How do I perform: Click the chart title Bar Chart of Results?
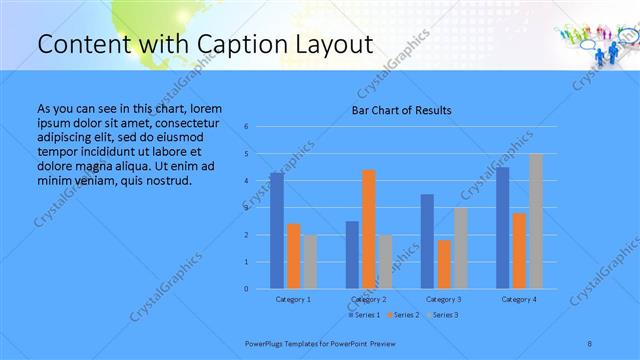(x=400, y=110)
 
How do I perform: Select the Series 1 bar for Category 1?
(x=276, y=231)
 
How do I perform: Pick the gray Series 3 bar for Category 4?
(x=536, y=221)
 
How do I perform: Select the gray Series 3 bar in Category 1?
(x=310, y=262)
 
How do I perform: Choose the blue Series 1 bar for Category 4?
(x=503, y=228)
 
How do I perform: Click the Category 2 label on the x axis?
(x=369, y=299)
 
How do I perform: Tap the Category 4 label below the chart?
(x=519, y=299)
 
